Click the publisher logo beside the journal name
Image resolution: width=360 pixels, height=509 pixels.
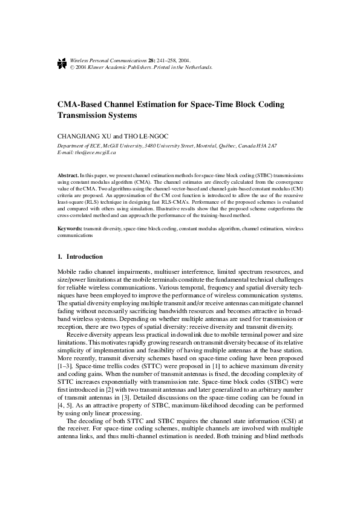tap(61, 64)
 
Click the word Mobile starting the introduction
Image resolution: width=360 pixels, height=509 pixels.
tap(67, 273)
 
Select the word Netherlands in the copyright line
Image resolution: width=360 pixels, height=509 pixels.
tap(198, 68)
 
